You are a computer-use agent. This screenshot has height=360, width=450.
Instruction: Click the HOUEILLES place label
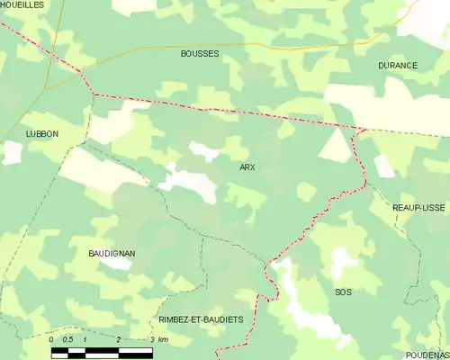22,4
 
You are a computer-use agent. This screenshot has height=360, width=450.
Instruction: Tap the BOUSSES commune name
200,53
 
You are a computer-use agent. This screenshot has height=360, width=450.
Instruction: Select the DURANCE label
398,66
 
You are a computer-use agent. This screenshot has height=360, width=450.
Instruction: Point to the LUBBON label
41,133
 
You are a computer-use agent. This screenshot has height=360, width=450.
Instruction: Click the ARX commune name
247,167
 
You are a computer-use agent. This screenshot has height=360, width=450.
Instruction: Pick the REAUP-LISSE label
418,207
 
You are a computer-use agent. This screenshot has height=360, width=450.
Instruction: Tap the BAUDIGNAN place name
112,253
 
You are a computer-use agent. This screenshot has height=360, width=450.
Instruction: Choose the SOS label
343,292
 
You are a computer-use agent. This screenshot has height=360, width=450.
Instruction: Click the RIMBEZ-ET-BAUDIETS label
201,319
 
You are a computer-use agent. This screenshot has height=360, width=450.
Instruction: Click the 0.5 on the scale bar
67,339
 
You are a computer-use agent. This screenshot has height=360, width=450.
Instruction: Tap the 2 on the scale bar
118,339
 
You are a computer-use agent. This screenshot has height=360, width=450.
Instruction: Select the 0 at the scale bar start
51,339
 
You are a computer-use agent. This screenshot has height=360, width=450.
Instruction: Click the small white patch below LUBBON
11,152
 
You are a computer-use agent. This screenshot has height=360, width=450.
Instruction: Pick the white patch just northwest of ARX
205,151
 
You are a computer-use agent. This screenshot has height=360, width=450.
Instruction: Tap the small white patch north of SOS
342,261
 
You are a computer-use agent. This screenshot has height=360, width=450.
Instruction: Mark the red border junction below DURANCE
361,130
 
